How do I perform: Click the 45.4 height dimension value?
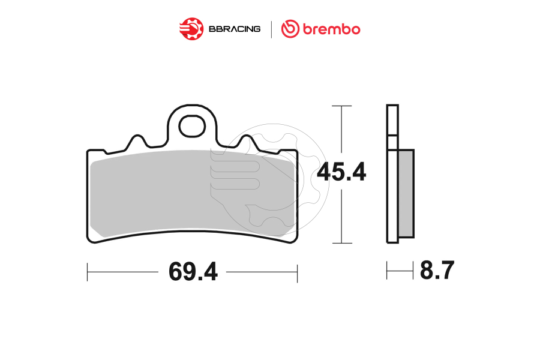(x=341, y=173)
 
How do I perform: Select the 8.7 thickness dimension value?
(x=437, y=271)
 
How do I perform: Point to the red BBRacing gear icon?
(x=191, y=28)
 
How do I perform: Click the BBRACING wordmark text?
(x=234, y=29)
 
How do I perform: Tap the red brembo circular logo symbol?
(x=291, y=29)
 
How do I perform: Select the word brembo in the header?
(x=331, y=29)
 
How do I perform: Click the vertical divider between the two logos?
(x=272, y=29)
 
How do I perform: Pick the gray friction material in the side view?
(x=406, y=192)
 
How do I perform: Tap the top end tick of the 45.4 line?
(x=341, y=106)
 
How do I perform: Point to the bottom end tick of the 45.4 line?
(x=341, y=244)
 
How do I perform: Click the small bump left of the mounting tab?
(x=137, y=142)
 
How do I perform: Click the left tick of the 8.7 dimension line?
(x=387, y=271)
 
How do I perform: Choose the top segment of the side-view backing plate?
(x=392, y=120)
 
